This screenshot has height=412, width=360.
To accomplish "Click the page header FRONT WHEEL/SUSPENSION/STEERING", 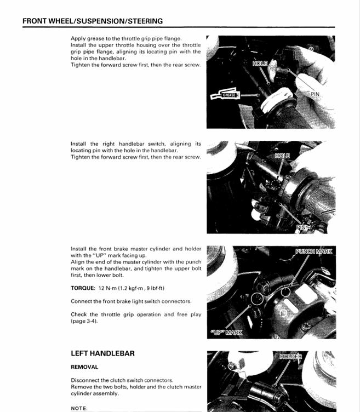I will click(x=93, y=21).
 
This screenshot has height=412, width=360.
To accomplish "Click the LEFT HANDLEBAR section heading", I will click(x=102, y=353).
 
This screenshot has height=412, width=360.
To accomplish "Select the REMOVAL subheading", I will click(x=84, y=367).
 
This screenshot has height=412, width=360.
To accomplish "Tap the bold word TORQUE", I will click(x=82, y=288).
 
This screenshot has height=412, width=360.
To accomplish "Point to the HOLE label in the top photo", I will click(x=260, y=64).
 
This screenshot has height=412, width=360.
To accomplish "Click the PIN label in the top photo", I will click(x=315, y=94).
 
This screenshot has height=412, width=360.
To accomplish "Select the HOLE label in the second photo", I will click(x=282, y=156).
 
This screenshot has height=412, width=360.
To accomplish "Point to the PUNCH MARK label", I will click(x=313, y=251).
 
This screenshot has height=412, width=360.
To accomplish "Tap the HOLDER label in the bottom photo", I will click(x=290, y=357).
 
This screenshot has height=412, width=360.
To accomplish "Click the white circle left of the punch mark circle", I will click(x=255, y=299).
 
